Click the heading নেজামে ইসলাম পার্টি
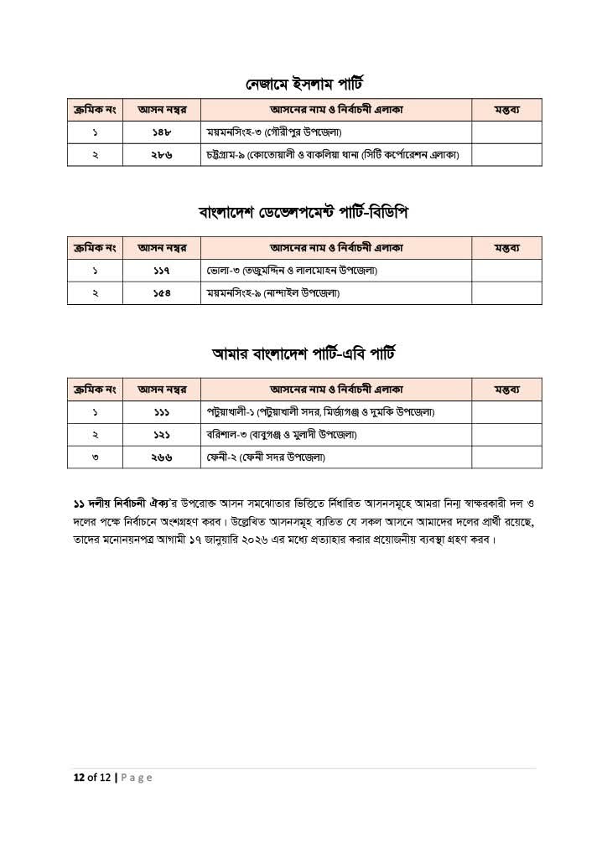coord(303,85)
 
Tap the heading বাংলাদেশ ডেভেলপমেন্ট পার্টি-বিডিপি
coord(303,212)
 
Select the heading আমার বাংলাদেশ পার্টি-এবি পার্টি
coord(303,354)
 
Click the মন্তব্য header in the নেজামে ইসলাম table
coord(506,110)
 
